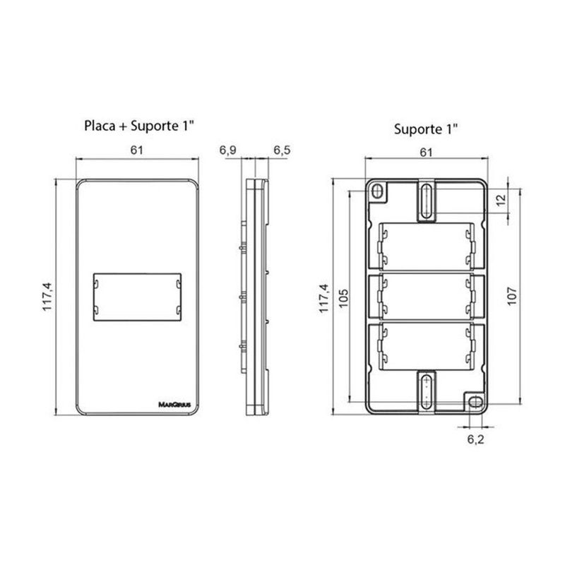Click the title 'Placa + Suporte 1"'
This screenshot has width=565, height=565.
(139, 126)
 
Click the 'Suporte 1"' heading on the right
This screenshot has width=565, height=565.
(426, 129)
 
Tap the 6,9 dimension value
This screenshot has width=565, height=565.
(227, 150)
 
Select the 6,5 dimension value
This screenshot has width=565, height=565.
(282, 150)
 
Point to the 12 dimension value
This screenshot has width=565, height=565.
(501, 200)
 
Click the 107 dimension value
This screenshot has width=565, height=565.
(512, 296)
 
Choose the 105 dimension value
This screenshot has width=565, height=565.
(344, 297)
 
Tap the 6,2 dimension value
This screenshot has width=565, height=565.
(475, 439)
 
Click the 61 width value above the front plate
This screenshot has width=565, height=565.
(136, 150)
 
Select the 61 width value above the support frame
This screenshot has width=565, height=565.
(426, 153)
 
